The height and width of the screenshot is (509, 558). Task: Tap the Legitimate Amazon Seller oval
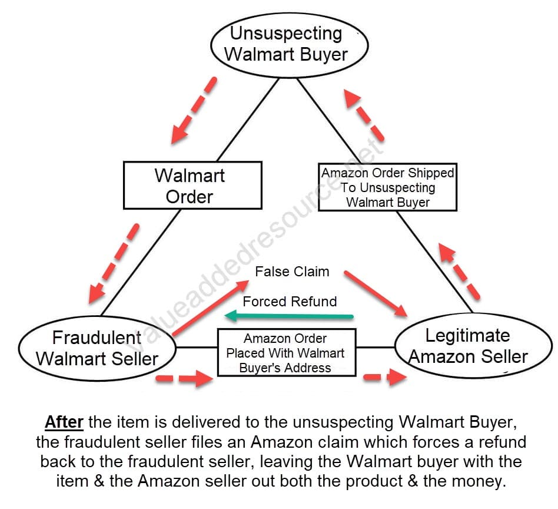click(468, 346)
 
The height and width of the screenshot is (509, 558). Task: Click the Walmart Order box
click(192, 185)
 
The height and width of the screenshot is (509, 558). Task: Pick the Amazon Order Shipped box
click(387, 187)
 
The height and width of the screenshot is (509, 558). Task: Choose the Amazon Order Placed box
click(287, 353)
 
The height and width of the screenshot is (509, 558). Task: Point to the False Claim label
click(292, 272)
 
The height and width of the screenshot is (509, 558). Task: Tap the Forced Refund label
click(290, 302)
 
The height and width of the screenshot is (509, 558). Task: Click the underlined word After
click(64, 422)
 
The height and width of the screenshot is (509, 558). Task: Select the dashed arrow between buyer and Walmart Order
click(193, 111)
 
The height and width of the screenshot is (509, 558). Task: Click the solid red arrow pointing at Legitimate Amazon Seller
click(376, 293)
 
